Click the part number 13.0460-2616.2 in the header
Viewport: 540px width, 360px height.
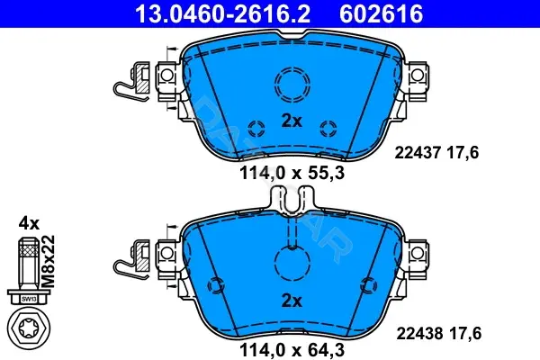coord(223,13)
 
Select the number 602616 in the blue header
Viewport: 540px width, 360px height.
coord(381,13)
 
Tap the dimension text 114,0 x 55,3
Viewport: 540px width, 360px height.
coord(292,173)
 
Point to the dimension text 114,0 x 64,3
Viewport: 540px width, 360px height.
coord(292,350)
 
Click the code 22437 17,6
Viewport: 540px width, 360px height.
coord(436,153)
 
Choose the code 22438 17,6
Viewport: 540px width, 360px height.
coord(439,334)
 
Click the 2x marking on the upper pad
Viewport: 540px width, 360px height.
coord(292,121)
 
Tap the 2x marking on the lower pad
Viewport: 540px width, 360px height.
coord(292,301)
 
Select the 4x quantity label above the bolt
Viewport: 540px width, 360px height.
coord(29,224)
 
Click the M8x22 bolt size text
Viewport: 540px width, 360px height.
coord(48,262)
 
